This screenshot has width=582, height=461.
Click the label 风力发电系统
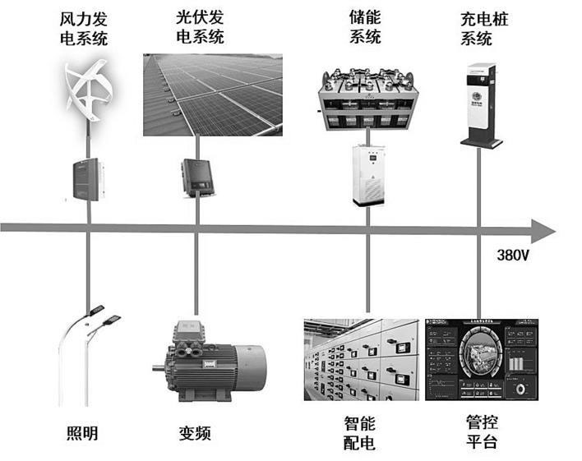[85, 28]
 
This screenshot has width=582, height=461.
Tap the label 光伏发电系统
[200, 26]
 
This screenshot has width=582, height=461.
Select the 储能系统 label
[365, 26]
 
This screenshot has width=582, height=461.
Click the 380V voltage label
[513, 255]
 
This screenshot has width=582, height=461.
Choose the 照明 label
[81, 432]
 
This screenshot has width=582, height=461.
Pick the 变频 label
[195, 432]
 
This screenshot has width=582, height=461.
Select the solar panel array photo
[212, 94]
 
